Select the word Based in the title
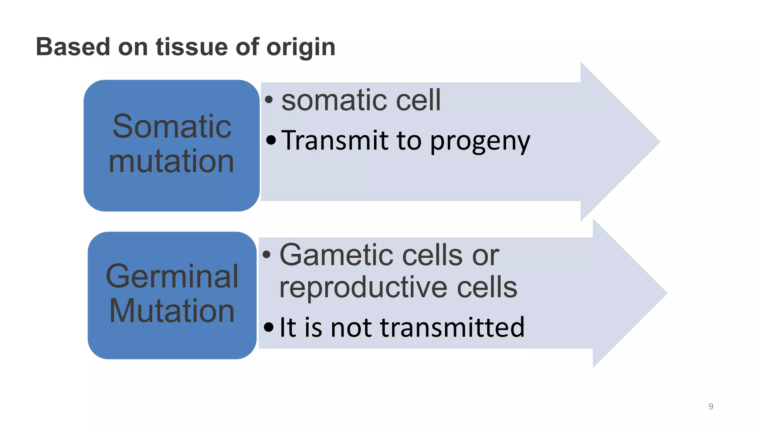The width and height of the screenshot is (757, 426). click(x=73, y=47)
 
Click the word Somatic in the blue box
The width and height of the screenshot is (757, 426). click(x=172, y=126)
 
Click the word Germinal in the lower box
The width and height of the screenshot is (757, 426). click(x=172, y=276)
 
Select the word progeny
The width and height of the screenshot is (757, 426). click(x=480, y=142)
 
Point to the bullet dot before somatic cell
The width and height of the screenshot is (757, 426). click(x=269, y=99)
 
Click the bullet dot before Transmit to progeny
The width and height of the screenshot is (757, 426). click(x=271, y=140)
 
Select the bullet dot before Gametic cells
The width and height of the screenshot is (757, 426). click(x=267, y=254)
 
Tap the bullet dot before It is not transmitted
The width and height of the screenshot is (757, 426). click(x=269, y=327)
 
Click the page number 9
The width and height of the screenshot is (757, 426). click(x=711, y=406)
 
